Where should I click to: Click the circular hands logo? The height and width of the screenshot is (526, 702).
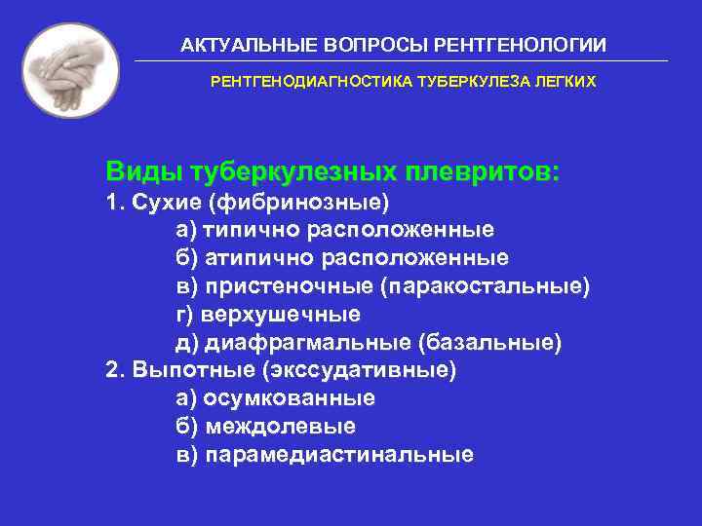point(70,70)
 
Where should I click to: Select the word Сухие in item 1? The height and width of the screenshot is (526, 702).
point(160,203)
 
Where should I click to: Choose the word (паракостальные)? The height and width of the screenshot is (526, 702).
point(486,287)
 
